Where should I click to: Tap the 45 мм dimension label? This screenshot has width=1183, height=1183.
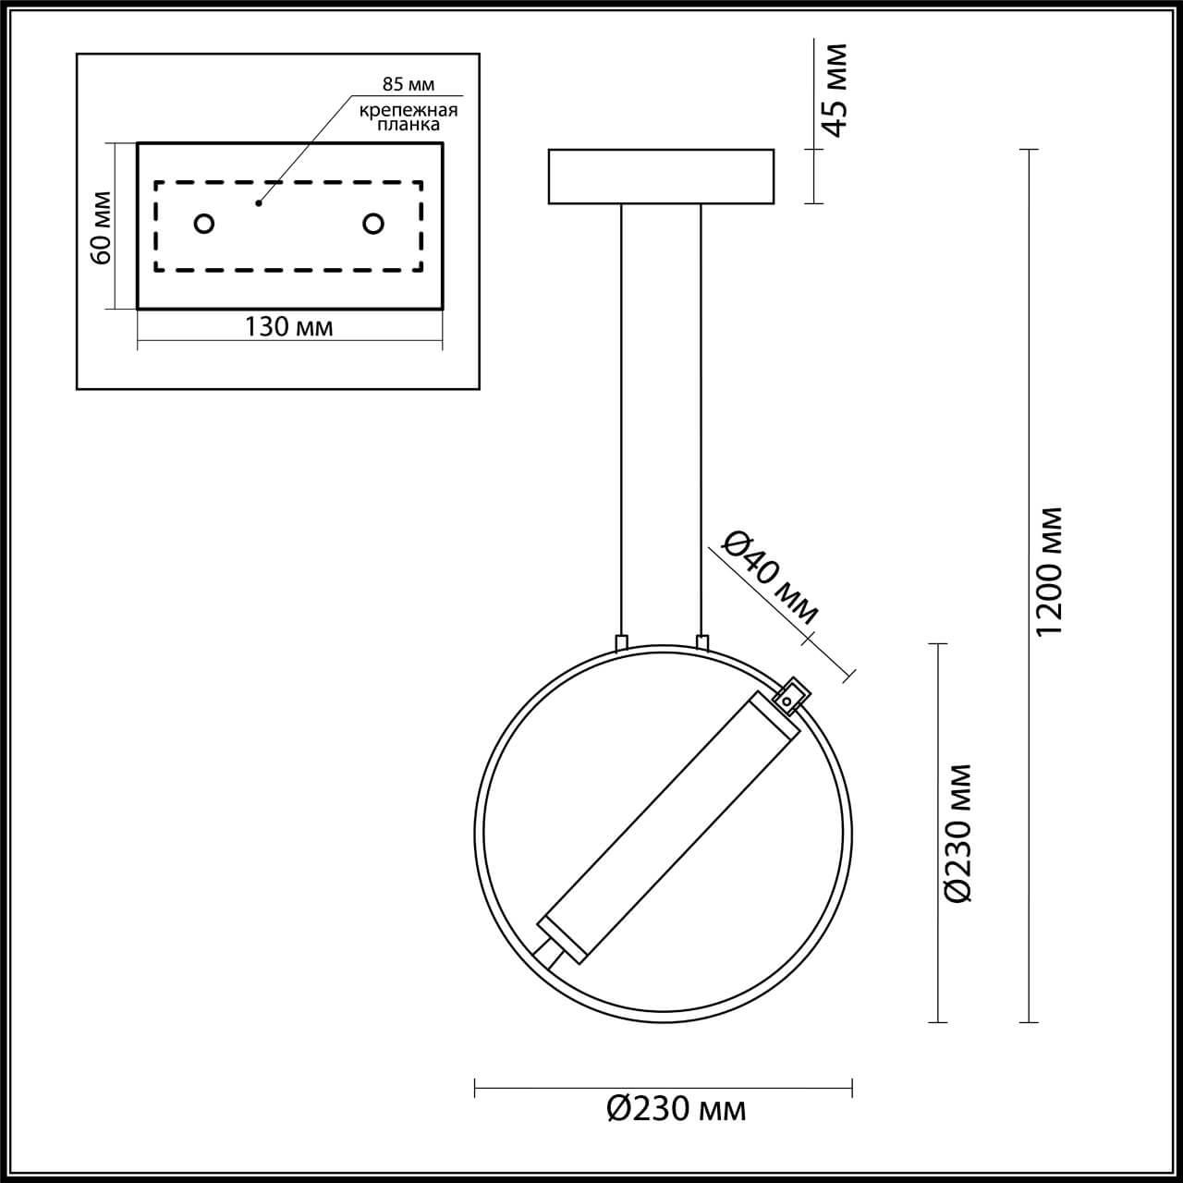pyautogui.click(x=835, y=90)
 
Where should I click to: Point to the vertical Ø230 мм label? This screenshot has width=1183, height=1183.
pyautogui.click(x=958, y=833)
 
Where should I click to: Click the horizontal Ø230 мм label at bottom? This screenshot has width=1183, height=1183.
pyautogui.click(x=677, y=1107)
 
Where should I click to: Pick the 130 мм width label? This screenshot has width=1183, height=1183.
pyautogui.click(x=288, y=326)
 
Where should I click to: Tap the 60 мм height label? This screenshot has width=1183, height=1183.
pyautogui.click(x=101, y=227)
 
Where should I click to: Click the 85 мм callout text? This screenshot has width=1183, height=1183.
pyautogui.click(x=408, y=84)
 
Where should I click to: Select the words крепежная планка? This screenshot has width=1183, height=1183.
pyautogui.click(x=409, y=116)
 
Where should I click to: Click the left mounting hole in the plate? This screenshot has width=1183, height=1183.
pyautogui.click(x=203, y=224)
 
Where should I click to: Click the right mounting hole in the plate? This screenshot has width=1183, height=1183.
pyautogui.click(x=373, y=224)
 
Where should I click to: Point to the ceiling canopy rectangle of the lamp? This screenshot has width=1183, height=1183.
pyautogui.click(x=661, y=176)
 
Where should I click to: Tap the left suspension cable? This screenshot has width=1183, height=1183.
pyautogui.click(x=621, y=416)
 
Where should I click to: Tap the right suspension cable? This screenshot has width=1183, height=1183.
pyautogui.click(x=701, y=416)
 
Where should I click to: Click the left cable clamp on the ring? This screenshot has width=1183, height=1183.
pyautogui.click(x=621, y=641)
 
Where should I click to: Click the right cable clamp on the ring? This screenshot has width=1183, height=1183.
pyautogui.click(x=702, y=641)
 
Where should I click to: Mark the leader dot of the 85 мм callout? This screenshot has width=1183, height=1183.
pyautogui.click(x=259, y=202)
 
